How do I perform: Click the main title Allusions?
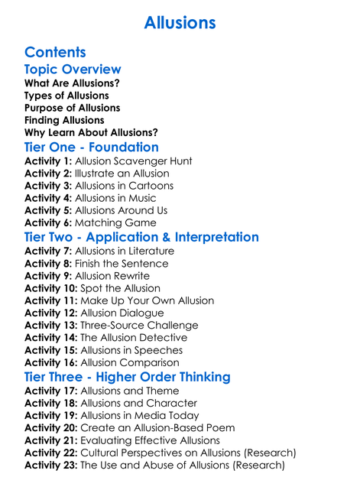180,23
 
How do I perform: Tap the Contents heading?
55,53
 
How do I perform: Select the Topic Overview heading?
73,70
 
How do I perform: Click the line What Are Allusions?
72,83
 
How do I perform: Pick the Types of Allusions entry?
66,96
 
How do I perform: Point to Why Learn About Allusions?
91,133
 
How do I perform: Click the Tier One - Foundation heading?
92,148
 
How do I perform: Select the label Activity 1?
48,161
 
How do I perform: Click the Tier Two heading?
141,237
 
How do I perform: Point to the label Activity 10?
51,288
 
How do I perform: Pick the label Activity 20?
51,428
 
